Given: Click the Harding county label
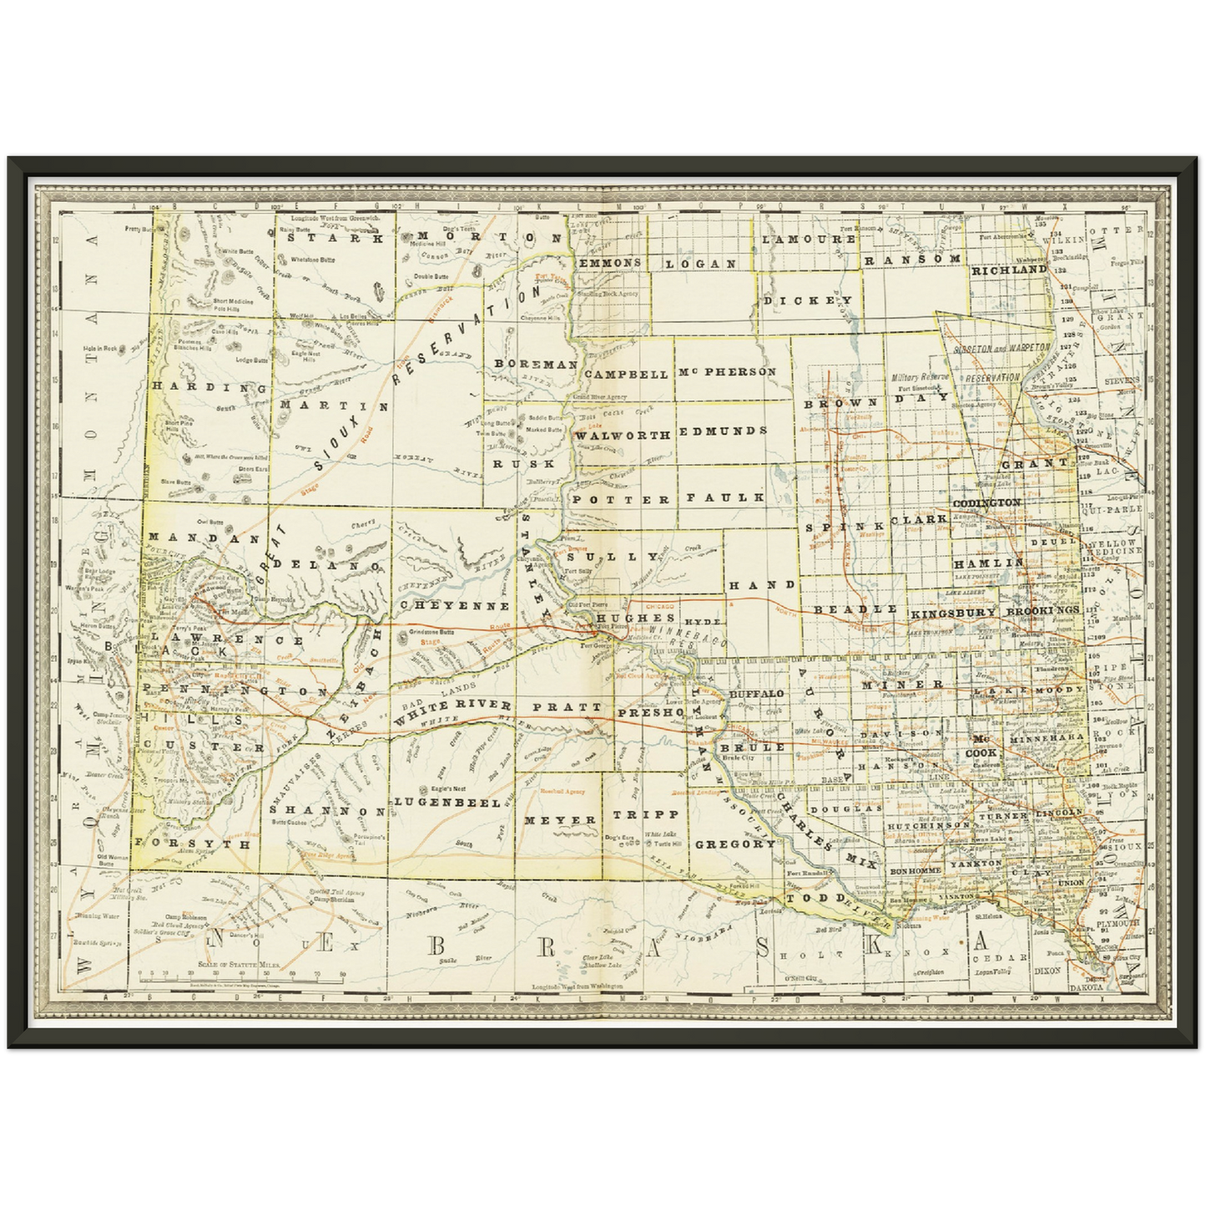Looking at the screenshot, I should pos(209,387).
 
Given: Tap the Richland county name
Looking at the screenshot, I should pos(1008,270).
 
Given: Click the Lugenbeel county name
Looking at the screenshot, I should pos(447,802).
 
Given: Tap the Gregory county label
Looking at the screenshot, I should pos(735,844).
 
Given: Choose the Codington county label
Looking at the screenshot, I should pos(986,503).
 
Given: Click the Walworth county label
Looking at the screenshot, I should pos(623,435).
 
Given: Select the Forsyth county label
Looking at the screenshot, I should pos(193,844).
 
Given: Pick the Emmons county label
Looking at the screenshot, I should pos(610,262).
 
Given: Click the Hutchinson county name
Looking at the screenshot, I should pos(928,825).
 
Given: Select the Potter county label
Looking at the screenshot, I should pos(622,499).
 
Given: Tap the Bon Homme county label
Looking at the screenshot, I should pos(916,870).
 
